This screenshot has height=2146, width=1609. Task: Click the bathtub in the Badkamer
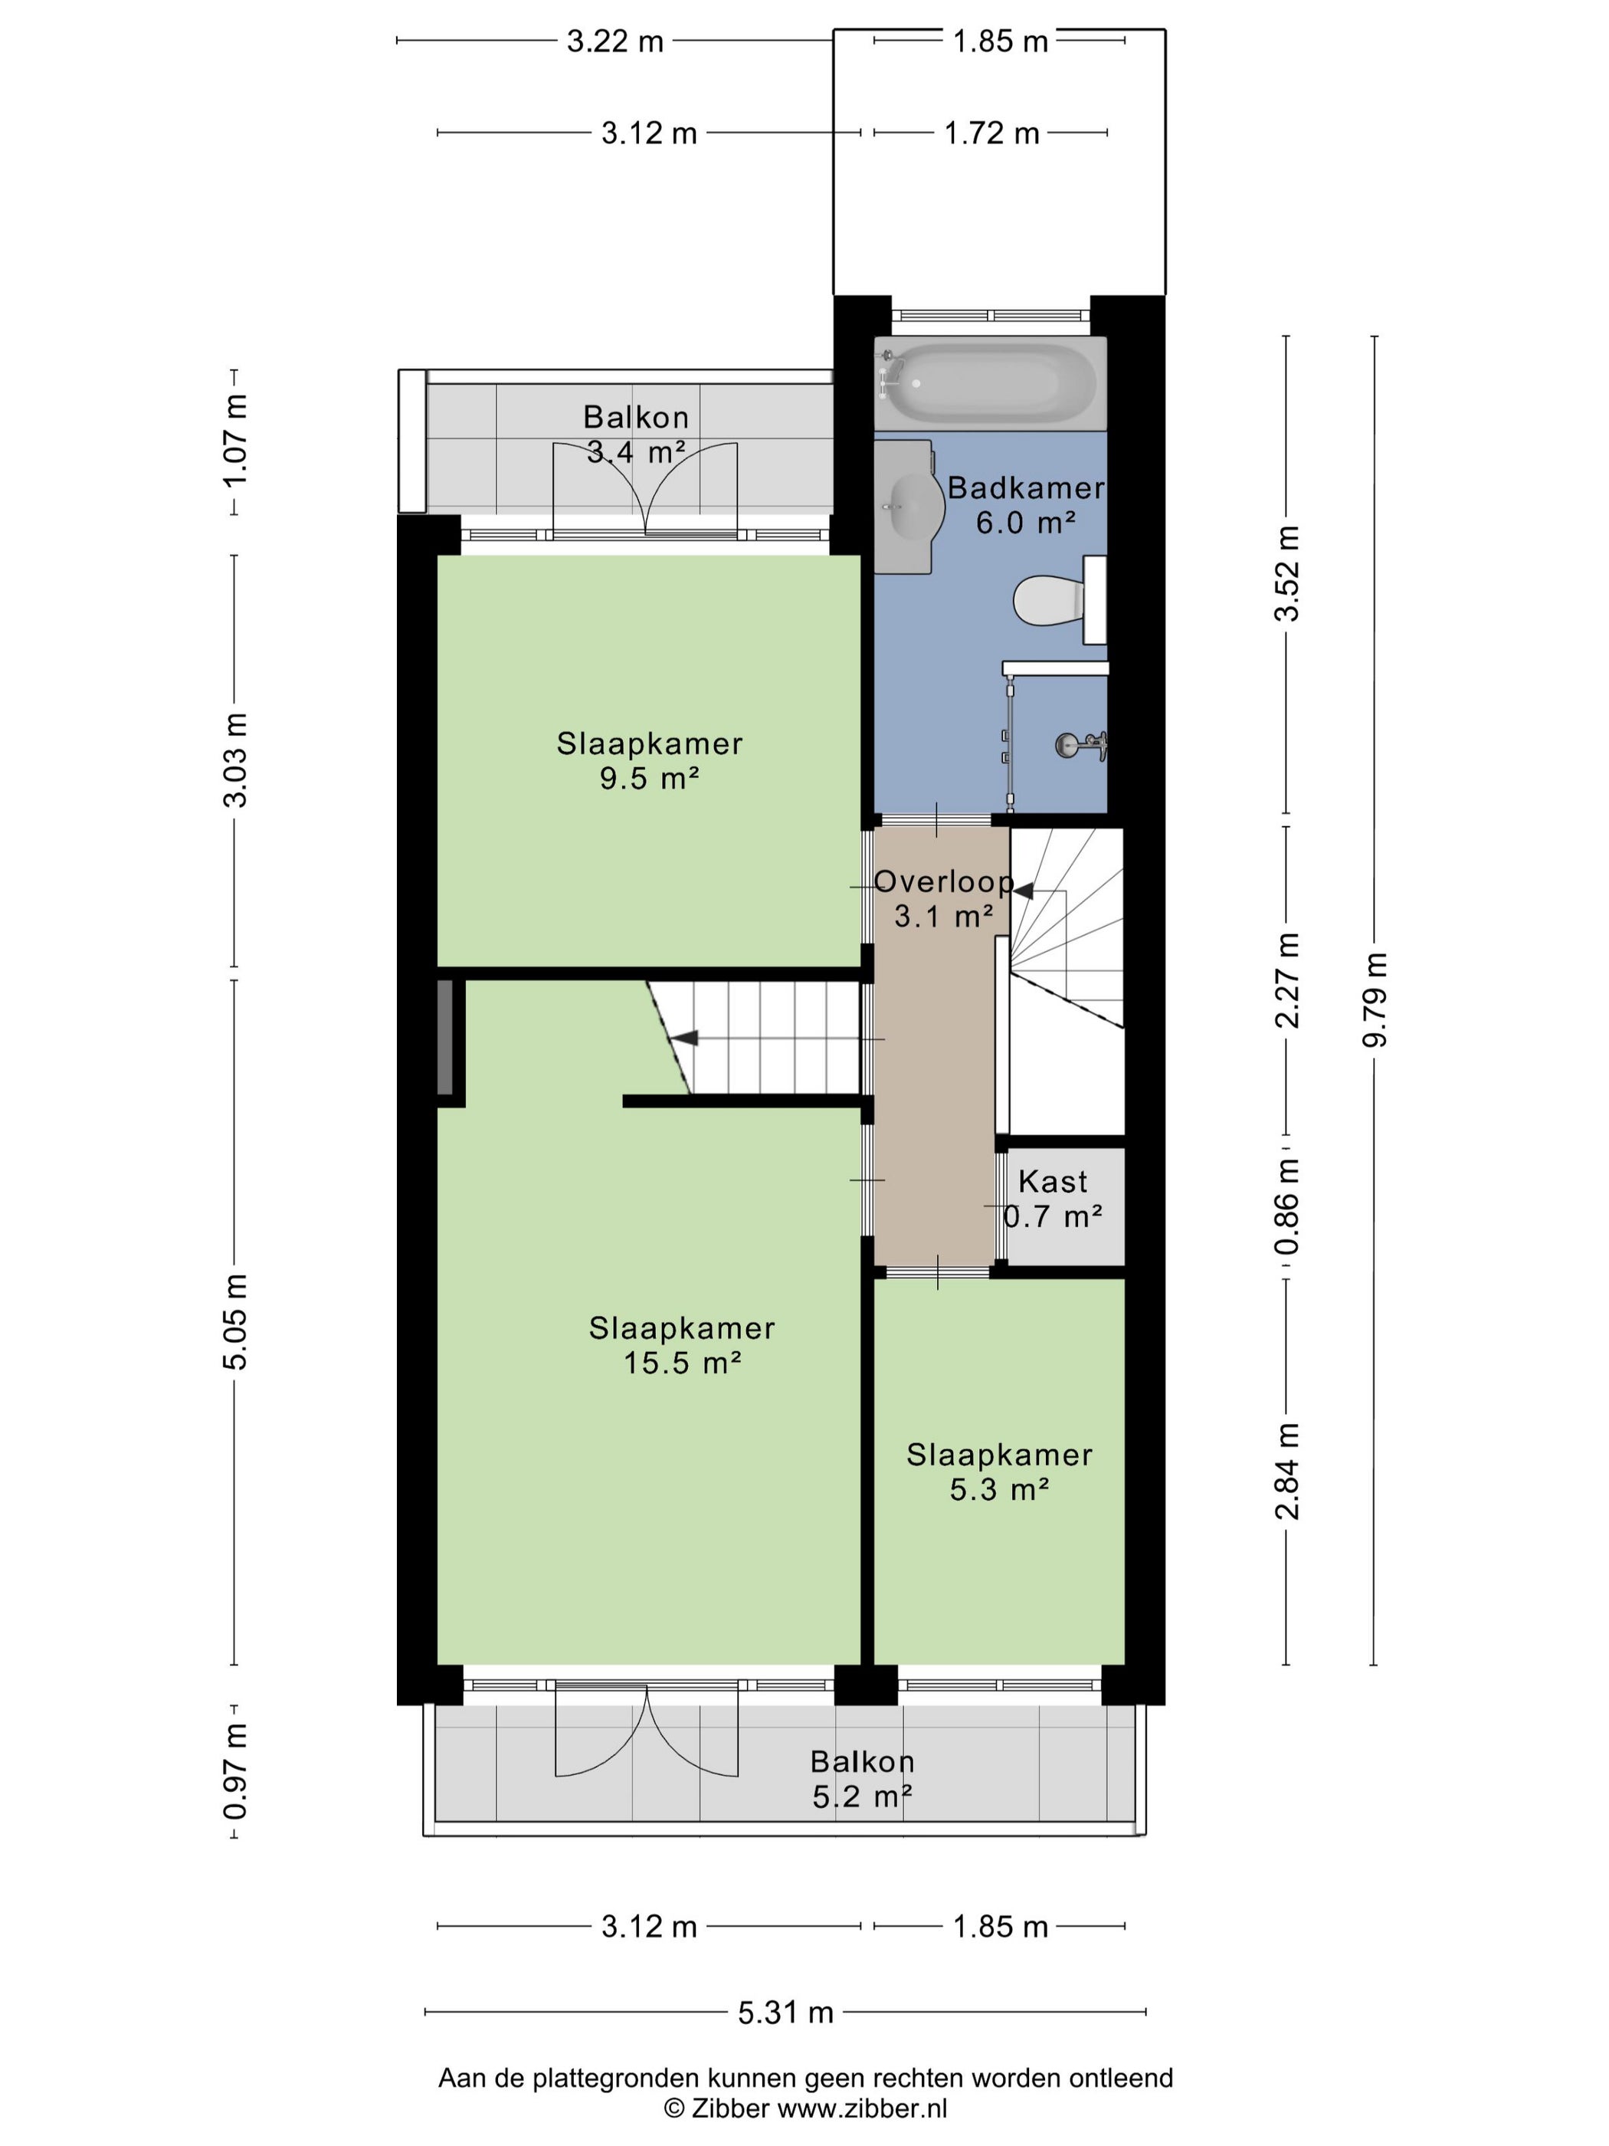click(x=989, y=382)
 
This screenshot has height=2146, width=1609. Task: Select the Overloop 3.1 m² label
click(x=944, y=898)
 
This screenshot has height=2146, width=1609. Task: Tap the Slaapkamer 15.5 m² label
click(x=682, y=1344)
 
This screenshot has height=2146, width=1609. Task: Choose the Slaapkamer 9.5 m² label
click(x=650, y=760)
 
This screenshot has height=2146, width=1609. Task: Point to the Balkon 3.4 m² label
click(x=636, y=435)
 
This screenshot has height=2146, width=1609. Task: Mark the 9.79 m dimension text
click(x=1375, y=999)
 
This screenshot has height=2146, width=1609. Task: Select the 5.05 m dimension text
click(x=234, y=1321)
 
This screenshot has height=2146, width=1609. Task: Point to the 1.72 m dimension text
click(x=992, y=133)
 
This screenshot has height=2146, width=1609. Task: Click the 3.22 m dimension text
click(x=615, y=41)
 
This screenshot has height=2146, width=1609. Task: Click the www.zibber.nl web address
click(x=862, y=2107)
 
